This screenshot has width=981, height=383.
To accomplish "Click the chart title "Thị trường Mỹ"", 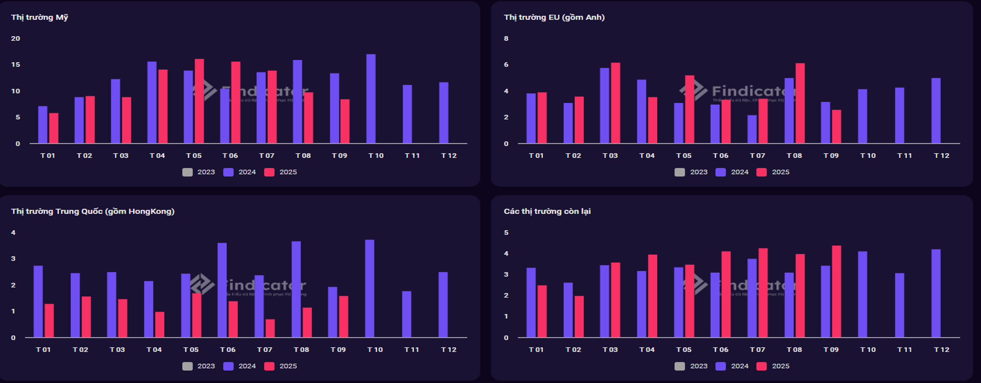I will [39, 17].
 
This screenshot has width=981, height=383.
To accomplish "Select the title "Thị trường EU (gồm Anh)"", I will [554, 17].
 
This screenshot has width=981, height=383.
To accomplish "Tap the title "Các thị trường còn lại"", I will [547, 211].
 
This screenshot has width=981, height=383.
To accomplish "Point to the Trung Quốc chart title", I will [93, 211].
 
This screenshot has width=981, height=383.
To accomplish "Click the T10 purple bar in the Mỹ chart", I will [371, 99].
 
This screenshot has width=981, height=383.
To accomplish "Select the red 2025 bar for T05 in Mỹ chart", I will [199, 101].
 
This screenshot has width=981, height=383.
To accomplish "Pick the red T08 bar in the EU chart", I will [800, 103].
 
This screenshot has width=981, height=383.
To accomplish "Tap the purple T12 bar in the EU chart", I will [936, 111].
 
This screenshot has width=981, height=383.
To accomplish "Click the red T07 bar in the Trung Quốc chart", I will [270, 328].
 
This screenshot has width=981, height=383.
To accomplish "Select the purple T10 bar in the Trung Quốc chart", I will [369, 288].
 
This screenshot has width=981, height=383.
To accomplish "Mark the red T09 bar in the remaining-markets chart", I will [836, 292].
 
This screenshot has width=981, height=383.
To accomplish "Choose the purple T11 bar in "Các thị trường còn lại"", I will [899, 305].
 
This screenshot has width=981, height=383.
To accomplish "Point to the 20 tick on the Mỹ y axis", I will [16, 39].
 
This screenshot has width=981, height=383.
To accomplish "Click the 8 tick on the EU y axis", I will [506, 39].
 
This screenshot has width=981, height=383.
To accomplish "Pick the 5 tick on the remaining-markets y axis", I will [506, 232].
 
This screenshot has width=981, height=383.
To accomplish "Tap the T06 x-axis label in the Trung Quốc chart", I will [227, 349].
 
